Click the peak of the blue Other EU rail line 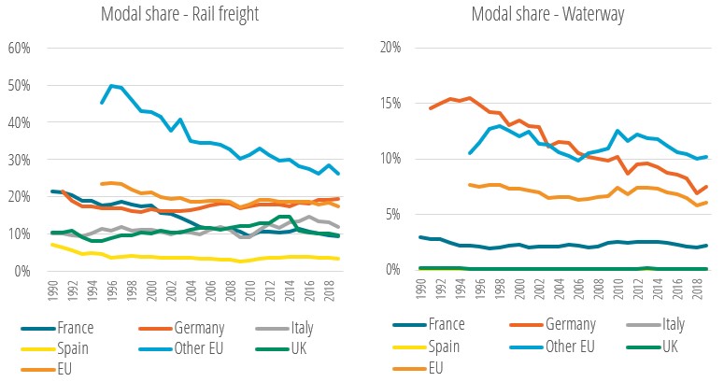pos(112,86)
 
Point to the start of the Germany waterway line pos(431,108)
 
